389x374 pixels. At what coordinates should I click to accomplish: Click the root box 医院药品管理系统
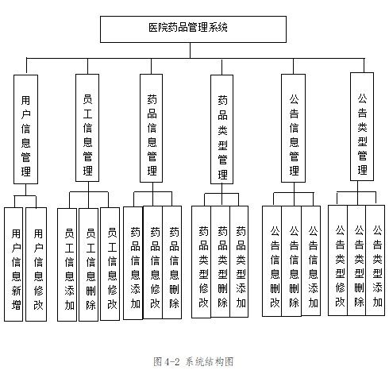tap(193, 29)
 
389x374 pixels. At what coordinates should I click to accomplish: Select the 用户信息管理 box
tap(25, 129)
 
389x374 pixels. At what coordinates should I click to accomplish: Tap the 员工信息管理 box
tap(87, 128)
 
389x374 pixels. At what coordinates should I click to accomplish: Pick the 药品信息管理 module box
tap(151, 128)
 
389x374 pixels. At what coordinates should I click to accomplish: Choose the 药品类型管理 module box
tap(221, 129)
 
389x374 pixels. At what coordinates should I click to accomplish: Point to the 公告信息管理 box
tap(293, 128)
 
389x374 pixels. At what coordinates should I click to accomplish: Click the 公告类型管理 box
tap(362, 127)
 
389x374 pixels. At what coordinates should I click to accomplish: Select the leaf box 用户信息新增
tap(13, 264)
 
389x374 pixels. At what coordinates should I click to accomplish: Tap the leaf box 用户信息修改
tap(37, 264)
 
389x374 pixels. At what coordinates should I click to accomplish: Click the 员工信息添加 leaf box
tap(67, 264)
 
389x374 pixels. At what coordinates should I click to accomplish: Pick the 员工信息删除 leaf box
tap(89, 264)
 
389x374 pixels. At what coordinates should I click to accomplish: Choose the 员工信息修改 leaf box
tap(110, 264)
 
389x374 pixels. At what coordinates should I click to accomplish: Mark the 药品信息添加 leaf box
tap(133, 263)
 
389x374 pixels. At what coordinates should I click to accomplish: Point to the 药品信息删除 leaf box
tap(172, 262)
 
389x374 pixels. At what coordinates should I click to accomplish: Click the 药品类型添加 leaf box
tap(239, 261)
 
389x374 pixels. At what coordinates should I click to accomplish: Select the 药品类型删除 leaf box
tap(221, 261)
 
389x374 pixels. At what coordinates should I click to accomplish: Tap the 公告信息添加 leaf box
tap(311, 260)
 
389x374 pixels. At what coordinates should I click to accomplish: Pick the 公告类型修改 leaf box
tap(338, 260)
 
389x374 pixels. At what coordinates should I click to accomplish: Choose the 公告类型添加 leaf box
tap(376, 260)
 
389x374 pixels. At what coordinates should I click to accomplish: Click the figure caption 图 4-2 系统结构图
tap(194, 361)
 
